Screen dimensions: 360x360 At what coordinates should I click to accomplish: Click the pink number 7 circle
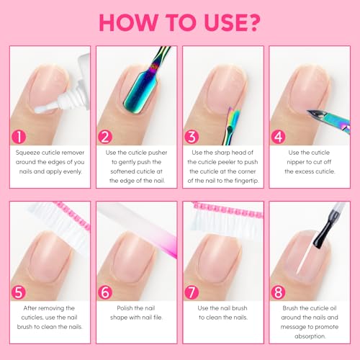pos(192,292)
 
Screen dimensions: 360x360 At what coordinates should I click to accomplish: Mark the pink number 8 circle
pos(278,292)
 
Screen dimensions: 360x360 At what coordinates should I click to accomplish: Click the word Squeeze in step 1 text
pos(30,153)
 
